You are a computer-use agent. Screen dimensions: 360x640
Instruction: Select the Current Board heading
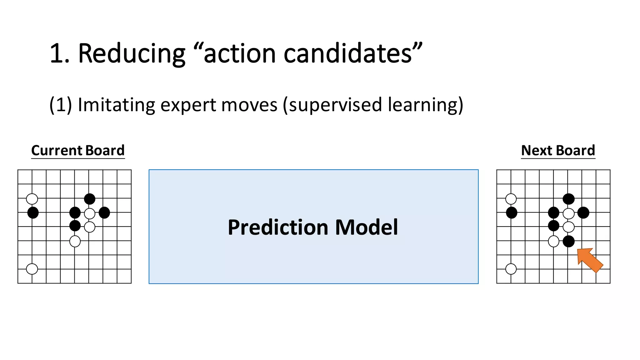click(78, 151)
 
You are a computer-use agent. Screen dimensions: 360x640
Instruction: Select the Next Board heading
click(558, 151)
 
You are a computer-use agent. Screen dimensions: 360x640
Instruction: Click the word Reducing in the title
click(132, 54)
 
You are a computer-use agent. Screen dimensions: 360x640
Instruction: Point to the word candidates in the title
click(347, 54)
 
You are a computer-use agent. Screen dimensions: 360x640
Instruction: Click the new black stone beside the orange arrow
click(568, 241)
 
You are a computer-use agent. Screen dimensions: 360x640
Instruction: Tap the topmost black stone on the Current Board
click(90, 199)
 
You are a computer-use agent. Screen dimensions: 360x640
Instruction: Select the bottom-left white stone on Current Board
click(32, 269)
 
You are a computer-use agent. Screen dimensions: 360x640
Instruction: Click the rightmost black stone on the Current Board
click(104, 212)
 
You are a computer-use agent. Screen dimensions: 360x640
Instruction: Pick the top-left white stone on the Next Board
click(511, 199)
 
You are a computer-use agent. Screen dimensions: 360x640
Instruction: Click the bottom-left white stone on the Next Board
click(511, 269)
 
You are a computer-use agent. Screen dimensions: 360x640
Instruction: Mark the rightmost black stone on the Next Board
click(583, 212)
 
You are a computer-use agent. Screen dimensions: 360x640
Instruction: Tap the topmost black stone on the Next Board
click(568, 199)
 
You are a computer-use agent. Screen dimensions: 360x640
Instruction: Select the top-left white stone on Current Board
click(32, 199)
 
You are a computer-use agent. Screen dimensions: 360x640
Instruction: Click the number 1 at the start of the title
click(57, 54)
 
